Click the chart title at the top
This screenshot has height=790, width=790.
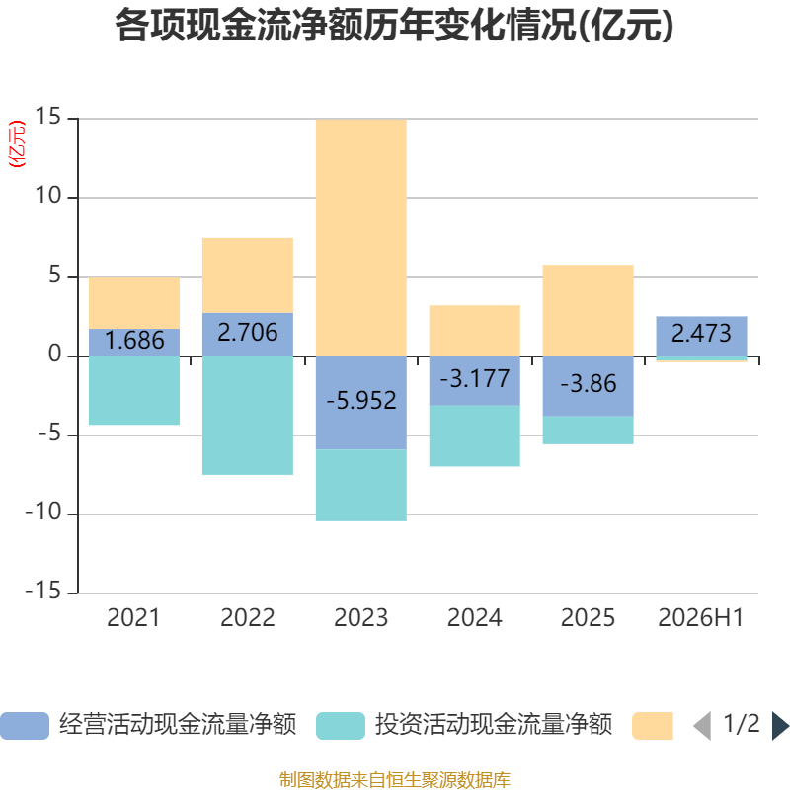(394, 26)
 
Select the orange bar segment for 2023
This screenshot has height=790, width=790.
(361, 238)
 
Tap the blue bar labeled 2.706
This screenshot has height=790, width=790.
(248, 335)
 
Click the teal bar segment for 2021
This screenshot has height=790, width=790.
(134, 390)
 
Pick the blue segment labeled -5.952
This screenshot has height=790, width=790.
(361, 403)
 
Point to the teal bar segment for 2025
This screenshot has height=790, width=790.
(588, 431)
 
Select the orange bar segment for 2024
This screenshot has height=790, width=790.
(475, 331)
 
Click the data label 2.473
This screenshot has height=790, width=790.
(701, 334)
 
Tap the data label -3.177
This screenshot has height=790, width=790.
(475, 379)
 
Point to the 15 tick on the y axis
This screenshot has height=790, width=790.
(47, 117)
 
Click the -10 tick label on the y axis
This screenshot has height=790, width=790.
(43, 513)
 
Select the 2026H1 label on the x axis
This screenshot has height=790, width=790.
(701, 618)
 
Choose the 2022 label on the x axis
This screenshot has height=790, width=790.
(248, 618)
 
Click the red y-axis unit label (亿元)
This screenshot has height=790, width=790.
(17, 143)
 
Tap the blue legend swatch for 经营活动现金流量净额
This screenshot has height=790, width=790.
(25, 726)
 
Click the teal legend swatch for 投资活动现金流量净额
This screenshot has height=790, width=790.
(341, 726)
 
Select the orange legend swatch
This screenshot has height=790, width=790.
(653, 726)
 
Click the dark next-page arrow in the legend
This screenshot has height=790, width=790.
(780, 726)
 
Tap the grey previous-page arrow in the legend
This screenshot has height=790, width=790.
(702, 726)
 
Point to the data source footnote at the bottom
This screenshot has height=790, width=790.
(395, 779)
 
